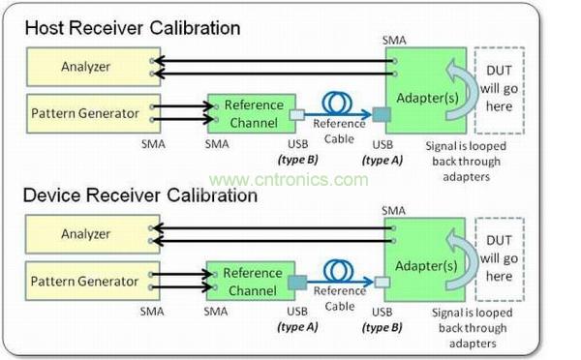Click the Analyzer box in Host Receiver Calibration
(x=93, y=67)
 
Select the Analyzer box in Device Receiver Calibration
(x=93, y=234)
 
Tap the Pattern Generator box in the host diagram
(x=93, y=113)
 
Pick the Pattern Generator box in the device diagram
(x=93, y=281)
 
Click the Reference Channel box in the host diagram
(x=252, y=113)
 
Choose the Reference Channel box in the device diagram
(x=251, y=281)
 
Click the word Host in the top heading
(x=45, y=28)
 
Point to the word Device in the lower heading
(x=51, y=195)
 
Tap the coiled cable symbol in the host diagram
(x=337, y=103)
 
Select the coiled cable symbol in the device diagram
(x=338, y=270)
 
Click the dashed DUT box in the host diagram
(x=500, y=90)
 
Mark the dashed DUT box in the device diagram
(x=500, y=259)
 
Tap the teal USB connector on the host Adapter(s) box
(x=382, y=115)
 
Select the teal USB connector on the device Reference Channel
(x=297, y=283)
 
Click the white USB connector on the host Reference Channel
(x=297, y=115)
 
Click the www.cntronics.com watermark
(x=289, y=180)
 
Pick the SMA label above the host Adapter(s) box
(x=394, y=41)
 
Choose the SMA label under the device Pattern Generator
(x=152, y=312)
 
